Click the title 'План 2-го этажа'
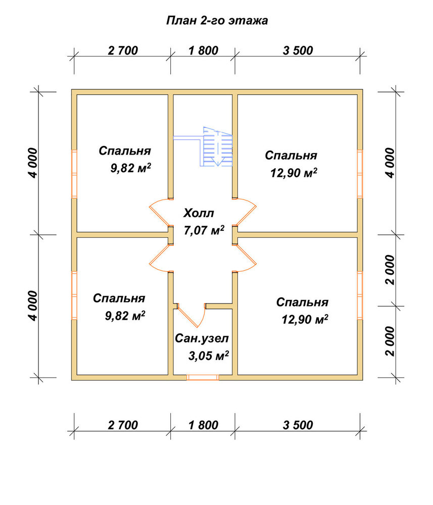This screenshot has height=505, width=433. (217, 21)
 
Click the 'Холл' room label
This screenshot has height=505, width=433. (199, 213)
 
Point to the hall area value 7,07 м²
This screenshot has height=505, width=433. (204, 230)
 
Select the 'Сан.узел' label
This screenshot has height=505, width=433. (202, 338)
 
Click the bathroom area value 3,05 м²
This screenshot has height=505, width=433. (209, 356)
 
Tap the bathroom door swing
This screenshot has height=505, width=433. (192, 315)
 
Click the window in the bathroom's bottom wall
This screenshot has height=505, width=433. (203, 377)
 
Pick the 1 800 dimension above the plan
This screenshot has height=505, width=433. (203, 50)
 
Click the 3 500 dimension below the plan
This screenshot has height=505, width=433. (298, 425)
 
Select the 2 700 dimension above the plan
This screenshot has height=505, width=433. (123, 50)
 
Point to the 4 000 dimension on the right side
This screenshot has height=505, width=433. (390, 163)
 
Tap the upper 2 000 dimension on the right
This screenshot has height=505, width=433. (390, 270)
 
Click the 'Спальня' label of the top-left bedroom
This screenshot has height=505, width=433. (125, 150)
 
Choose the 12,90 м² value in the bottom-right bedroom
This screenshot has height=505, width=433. (305, 320)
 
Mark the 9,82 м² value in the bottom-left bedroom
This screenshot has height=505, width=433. (125, 316)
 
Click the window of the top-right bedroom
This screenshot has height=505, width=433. (360, 174)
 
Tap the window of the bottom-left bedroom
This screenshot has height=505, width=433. (74, 295)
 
